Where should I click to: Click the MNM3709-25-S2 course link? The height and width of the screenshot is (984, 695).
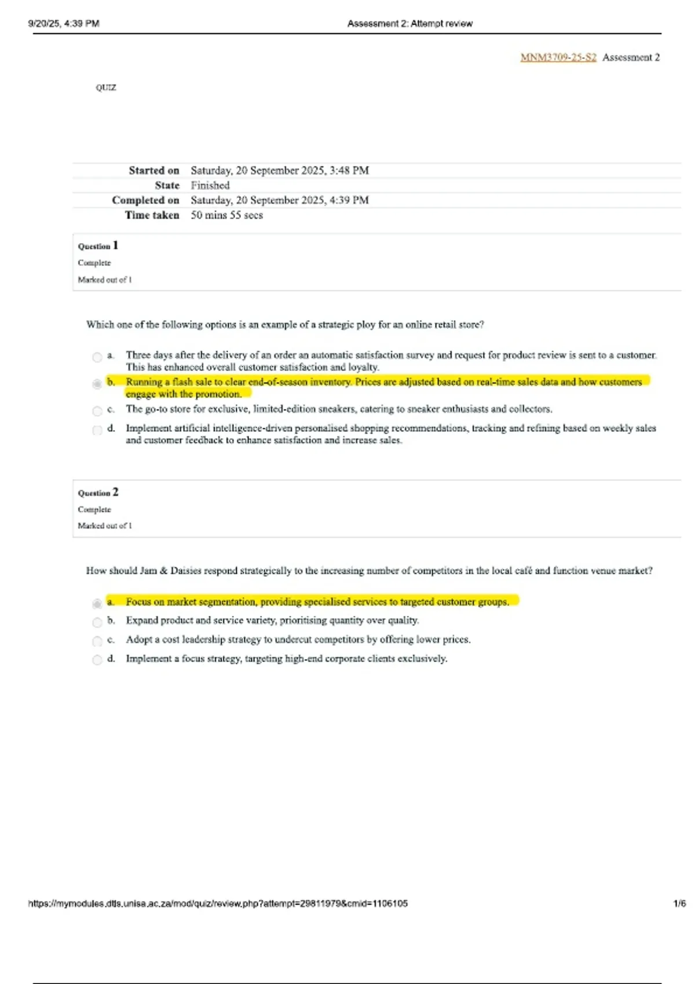pos(558,57)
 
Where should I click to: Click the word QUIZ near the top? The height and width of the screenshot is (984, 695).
pos(106,87)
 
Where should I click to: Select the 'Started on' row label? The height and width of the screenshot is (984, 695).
pos(153,170)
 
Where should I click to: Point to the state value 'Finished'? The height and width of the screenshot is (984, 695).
pos(210,185)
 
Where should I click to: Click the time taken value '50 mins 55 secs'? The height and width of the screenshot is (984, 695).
pos(227,215)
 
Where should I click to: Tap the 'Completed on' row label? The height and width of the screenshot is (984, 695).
pos(145,200)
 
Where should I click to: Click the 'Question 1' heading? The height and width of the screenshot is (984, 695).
pos(98,246)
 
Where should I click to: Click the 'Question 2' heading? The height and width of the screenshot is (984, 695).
pos(98,493)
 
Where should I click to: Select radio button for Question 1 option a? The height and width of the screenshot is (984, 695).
pos(97,357)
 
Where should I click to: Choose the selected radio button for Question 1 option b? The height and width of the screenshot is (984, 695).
pos(97,384)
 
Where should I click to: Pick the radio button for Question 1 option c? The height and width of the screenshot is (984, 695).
pos(97,411)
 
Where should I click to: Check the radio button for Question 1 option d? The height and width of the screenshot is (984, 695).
pos(97,430)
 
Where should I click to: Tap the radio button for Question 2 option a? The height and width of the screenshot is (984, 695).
pos(97,604)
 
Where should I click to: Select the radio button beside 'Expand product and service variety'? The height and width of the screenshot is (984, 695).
pos(97,622)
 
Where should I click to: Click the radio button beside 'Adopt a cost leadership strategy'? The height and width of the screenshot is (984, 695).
pos(97,641)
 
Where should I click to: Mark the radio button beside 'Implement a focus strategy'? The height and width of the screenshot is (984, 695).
pos(97,660)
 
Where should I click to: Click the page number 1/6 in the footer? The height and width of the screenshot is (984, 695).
pos(679,904)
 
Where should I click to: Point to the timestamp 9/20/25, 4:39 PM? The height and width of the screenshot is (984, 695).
pos(64,24)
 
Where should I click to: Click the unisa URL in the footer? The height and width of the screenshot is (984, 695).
pos(218,904)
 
